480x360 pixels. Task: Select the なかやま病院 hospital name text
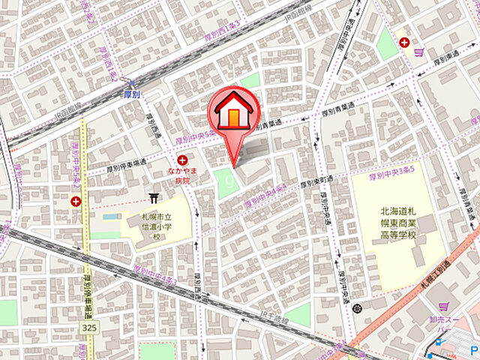click(x=183, y=175)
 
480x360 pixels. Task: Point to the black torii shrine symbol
click(x=154, y=197)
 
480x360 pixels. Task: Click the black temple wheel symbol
click(x=356, y=307)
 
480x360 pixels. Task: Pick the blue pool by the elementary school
click(x=110, y=217)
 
